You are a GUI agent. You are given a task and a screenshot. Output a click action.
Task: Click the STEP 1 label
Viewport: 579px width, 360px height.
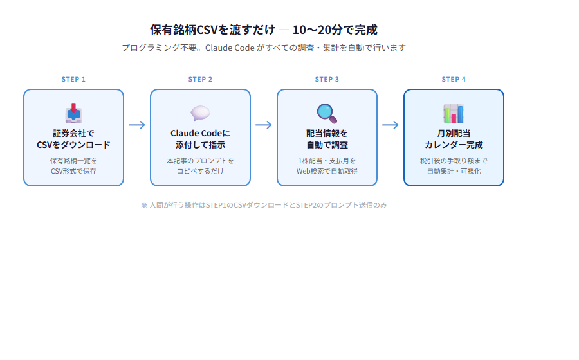coord(73,80)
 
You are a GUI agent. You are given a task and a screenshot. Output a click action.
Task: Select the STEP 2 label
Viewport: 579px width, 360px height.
coord(200,80)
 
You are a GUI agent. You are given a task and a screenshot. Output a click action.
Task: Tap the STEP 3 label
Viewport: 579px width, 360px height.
coord(327,80)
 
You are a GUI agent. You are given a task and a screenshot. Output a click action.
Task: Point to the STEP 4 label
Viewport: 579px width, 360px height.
coord(454,80)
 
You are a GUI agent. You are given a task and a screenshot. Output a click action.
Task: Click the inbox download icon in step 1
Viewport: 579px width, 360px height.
coord(73,113)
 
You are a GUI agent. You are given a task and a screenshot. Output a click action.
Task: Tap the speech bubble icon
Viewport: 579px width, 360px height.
coord(200,113)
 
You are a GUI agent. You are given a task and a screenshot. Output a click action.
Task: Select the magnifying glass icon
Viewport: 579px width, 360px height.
coord(327,113)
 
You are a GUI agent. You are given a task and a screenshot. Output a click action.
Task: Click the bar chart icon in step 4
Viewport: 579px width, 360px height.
coord(454,113)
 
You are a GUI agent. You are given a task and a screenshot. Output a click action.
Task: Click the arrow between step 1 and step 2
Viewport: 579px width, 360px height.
coord(137,125)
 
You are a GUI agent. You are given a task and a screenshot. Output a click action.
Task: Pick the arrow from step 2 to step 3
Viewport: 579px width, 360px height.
coord(264,125)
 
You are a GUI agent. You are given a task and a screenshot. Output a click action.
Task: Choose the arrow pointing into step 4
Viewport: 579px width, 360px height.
coord(391,125)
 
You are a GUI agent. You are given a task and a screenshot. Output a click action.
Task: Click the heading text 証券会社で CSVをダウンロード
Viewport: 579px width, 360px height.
coord(73,139)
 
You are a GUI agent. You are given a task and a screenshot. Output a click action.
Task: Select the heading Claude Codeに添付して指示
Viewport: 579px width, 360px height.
coord(200,139)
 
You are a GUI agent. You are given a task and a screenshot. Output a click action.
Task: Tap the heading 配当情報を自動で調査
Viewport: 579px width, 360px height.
coord(327,139)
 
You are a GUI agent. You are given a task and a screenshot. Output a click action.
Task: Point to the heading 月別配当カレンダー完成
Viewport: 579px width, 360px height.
coord(454,139)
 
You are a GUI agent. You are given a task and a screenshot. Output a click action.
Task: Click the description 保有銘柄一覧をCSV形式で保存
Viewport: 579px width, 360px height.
coord(73,166)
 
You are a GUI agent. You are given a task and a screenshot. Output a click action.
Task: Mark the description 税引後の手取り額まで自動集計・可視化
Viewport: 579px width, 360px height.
coord(454,166)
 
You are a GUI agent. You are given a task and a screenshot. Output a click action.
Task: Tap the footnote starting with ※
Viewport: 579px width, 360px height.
coord(264,205)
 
